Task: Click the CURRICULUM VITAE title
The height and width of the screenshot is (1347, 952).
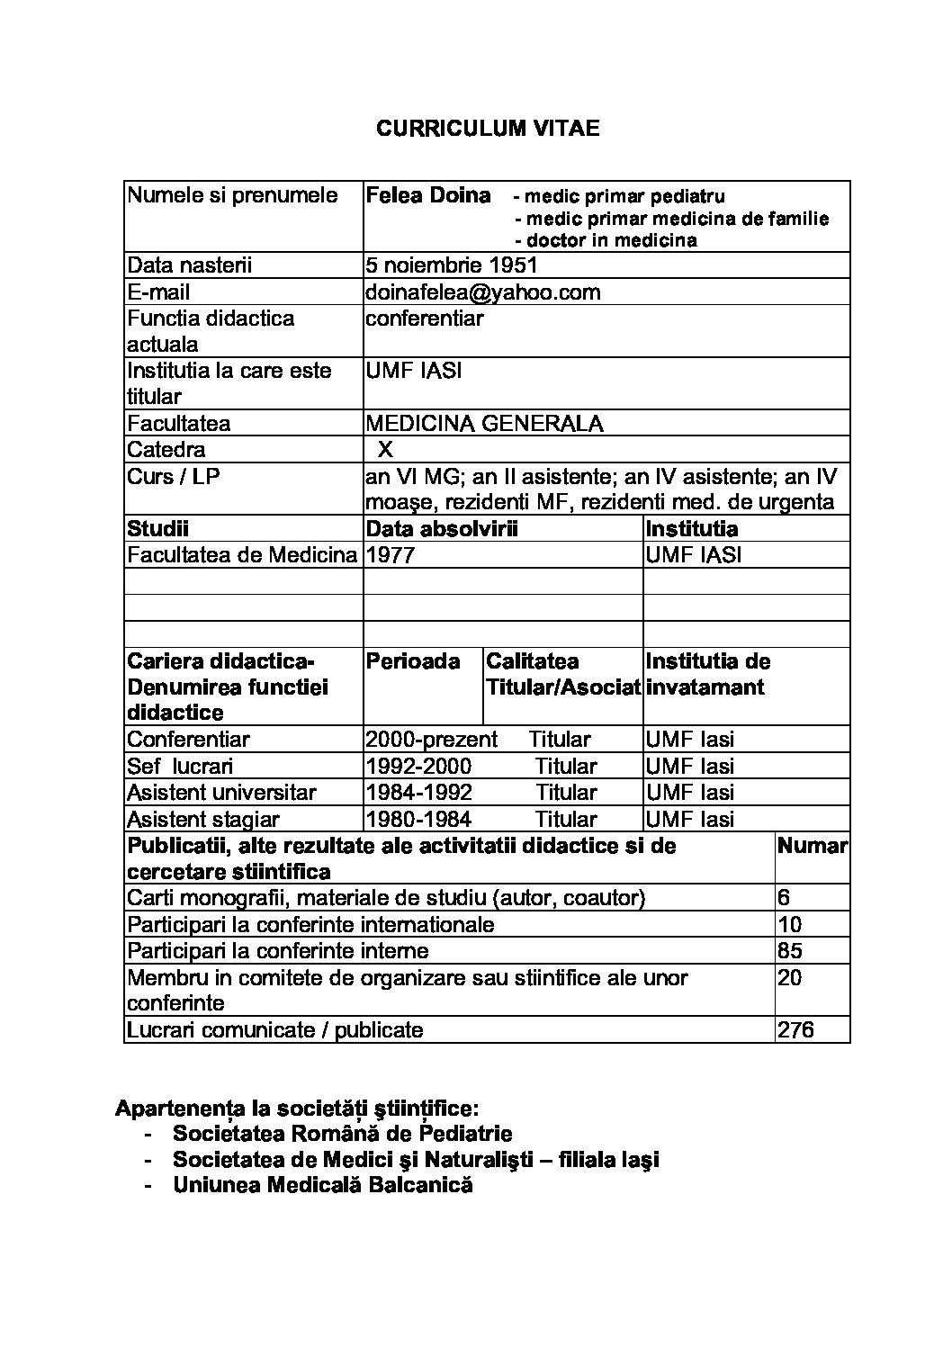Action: coord(487,129)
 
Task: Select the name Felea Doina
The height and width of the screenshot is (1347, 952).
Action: coord(428,196)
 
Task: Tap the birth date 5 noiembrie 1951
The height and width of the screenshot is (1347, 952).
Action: coord(451,265)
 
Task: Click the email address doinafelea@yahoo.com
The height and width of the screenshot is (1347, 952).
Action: coord(482,292)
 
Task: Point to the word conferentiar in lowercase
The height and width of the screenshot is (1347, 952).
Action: coord(424,319)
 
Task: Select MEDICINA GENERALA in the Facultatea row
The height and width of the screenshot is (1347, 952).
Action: coord(484,424)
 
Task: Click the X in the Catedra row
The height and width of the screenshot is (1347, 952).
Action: coord(385,450)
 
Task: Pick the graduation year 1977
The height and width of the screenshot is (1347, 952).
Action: coord(391,555)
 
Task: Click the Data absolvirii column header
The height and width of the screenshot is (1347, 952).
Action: coord(442,529)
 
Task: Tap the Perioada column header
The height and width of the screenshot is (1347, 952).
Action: coord(413,661)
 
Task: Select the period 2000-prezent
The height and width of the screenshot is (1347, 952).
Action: coord(431,740)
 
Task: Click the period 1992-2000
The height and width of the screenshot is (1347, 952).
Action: coord(418,767)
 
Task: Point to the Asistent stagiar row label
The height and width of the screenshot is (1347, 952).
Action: coord(203,820)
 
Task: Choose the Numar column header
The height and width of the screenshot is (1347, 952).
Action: coord(812,846)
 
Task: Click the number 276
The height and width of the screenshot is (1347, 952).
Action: coord(795,1030)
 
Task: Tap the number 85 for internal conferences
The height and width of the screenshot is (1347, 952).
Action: coord(789,951)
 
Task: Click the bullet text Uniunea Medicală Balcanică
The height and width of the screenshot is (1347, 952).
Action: coord(323,1185)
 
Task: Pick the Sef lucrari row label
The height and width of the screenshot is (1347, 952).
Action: coord(180,767)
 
